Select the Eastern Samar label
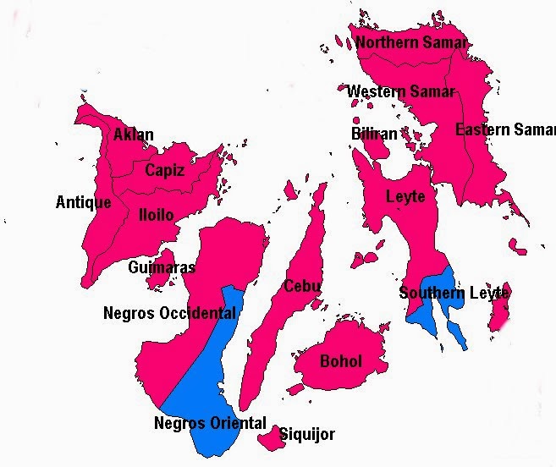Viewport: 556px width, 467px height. (x=505, y=129)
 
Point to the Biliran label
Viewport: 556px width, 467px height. (x=373, y=134)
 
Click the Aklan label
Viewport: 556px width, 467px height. (x=134, y=135)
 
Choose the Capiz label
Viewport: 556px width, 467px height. (x=164, y=170)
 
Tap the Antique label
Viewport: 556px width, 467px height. (x=83, y=202)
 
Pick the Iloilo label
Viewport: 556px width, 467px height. (x=156, y=215)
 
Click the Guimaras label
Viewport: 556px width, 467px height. (x=162, y=267)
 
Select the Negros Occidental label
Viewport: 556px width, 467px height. (x=169, y=313)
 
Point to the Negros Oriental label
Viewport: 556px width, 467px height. (x=210, y=423)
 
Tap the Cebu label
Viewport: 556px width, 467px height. (x=302, y=286)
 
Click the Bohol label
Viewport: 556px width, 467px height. (x=341, y=361)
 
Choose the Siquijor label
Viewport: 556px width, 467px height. (x=307, y=435)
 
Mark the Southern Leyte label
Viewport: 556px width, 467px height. (x=454, y=294)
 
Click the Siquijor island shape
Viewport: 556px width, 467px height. (x=270, y=438)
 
